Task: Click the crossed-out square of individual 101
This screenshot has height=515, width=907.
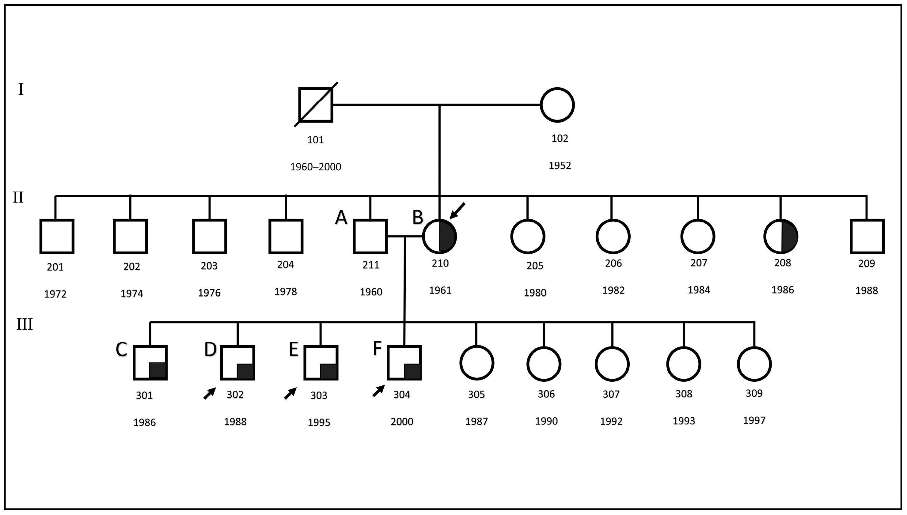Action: coord(316,105)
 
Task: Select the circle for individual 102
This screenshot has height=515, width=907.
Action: coord(557,105)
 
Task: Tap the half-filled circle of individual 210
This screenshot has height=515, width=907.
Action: coord(440,236)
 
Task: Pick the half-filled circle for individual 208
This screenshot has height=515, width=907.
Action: coord(781,236)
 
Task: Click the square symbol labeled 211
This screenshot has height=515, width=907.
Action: coord(370,236)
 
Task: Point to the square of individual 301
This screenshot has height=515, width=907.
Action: coord(150,362)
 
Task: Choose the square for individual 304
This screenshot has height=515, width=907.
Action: coord(404,362)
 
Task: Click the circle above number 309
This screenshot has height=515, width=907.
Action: coord(754,364)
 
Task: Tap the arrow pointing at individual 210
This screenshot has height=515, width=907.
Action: coord(457,211)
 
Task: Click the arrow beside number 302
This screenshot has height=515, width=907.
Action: coord(209,393)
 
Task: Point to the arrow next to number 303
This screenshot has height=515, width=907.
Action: coord(290,393)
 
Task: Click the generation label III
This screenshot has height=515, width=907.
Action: coord(25,324)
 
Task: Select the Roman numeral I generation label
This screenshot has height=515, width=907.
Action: coord(21,89)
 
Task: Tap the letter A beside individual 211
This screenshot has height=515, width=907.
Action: coord(341,217)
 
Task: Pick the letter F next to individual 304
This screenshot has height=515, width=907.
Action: coord(377,348)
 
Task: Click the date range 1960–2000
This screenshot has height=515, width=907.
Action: coord(316,167)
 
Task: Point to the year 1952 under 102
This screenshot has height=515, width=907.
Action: coord(560,165)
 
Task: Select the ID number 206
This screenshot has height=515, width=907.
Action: coord(613,263)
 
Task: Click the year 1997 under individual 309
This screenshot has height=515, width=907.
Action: coord(754,421)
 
